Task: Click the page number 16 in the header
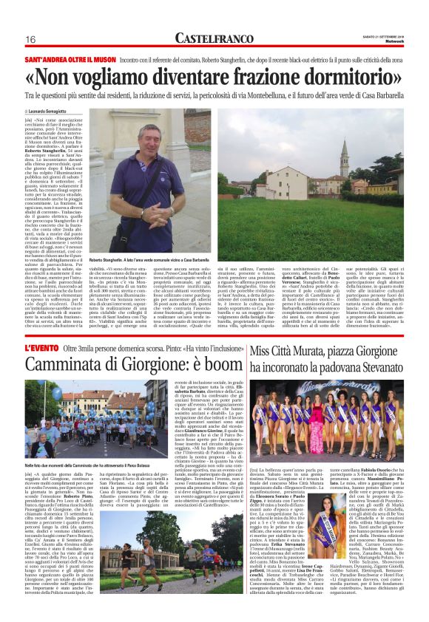pos(31,39)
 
